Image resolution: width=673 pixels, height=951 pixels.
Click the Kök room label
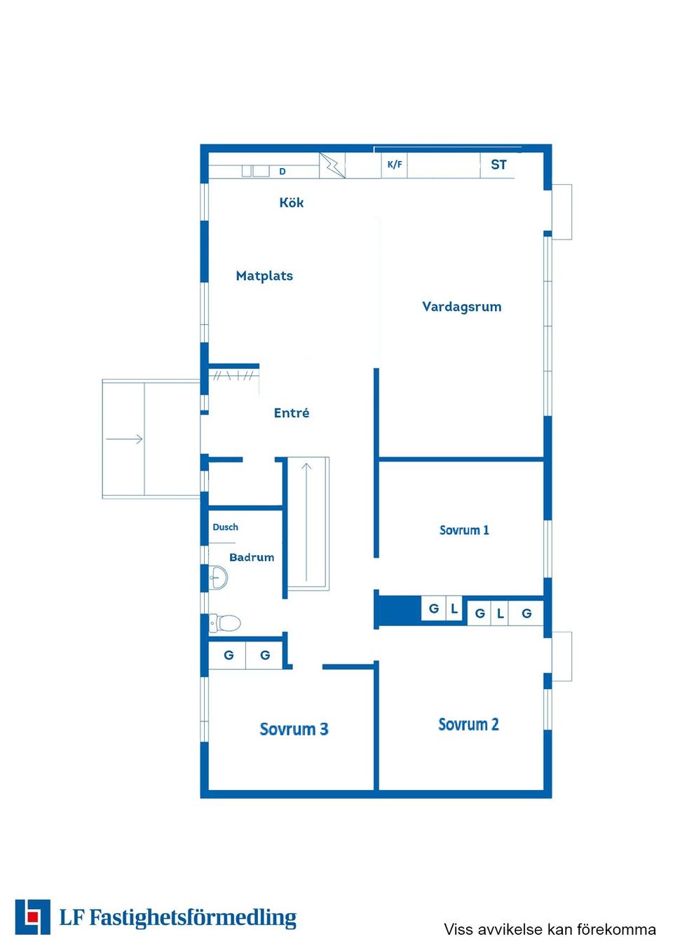point(291,202)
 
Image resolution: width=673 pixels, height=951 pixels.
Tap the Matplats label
point(264,276)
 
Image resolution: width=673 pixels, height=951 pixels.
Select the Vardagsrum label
point(461,307)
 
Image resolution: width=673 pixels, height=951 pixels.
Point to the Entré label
point(292,412)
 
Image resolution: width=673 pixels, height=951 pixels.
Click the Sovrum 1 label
point(464,530)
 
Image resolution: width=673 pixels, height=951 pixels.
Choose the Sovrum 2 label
point(468,725)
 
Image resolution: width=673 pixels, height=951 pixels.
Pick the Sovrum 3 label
point(294,729)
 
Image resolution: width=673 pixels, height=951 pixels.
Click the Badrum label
point(252,557)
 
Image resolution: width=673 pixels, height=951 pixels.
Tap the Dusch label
point(225,527)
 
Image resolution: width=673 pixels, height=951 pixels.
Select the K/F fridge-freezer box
point(394,165)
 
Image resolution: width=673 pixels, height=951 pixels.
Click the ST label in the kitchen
point(498,165)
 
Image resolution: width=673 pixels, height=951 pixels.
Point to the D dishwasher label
point(282,172)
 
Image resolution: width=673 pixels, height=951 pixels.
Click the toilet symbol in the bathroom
point(225,623)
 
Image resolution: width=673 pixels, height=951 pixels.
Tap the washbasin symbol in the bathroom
point(218,577)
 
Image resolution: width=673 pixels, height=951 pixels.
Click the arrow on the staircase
point(306,522)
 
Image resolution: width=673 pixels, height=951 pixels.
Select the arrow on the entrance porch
point(124,439)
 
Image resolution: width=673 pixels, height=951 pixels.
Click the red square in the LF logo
point(32,917)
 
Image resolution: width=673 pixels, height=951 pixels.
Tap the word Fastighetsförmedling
point(193,918)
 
